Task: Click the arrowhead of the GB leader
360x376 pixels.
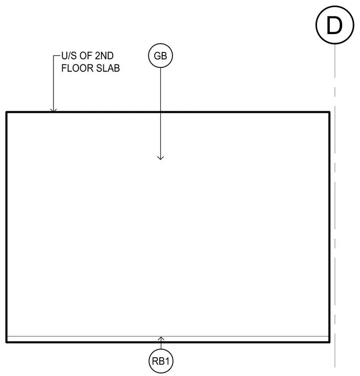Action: [160, 158]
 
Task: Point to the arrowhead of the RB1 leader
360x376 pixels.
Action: [161, 338]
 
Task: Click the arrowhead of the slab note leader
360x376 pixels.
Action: [53, 110]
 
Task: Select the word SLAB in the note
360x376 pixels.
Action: [108, 68]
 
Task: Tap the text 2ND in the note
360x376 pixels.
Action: [104, 56]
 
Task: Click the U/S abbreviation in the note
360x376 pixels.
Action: [69, 56]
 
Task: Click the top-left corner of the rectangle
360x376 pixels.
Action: [6, 112]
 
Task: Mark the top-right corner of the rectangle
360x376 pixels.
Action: [329, 112]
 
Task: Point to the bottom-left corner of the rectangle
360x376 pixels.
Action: [6, 342]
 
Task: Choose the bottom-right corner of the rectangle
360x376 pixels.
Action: [329, 342]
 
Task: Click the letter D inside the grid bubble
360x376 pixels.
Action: [334, 25]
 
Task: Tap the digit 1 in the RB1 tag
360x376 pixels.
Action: [167, 361]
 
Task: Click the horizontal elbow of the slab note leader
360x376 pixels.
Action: [57, 56]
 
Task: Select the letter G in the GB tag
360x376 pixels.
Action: [157, 56]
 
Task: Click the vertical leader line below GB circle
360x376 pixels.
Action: [160, 113]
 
